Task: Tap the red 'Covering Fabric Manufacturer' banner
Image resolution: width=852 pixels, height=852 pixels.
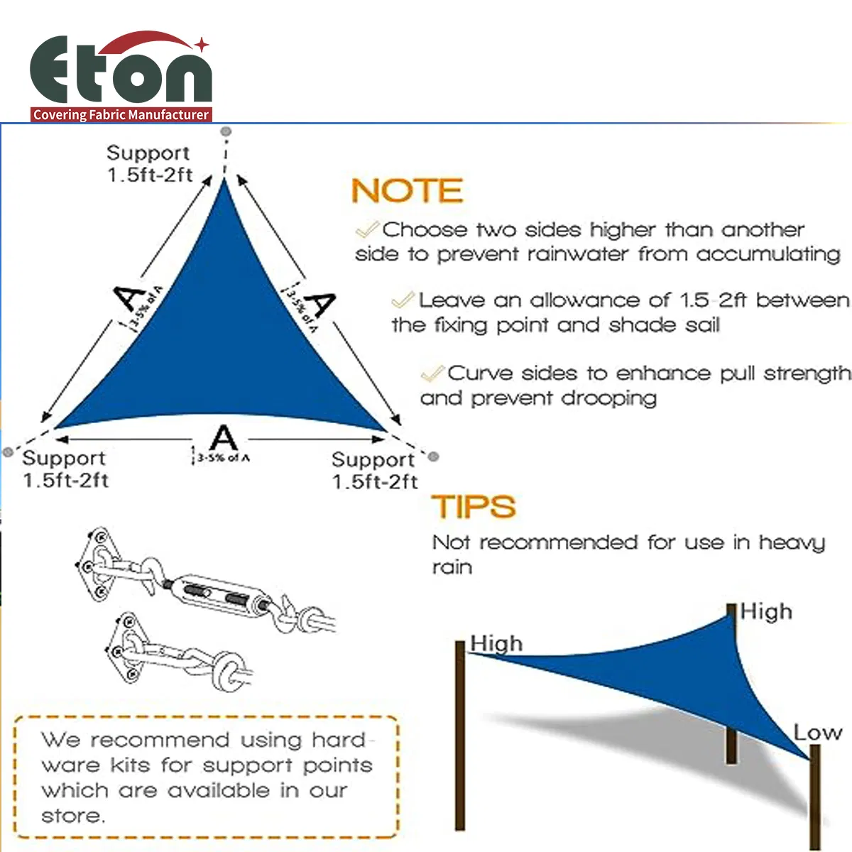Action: click(121, 114)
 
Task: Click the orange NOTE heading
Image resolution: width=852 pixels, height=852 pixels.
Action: click(407, 191)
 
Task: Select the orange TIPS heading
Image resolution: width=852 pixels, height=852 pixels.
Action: click(474, 507)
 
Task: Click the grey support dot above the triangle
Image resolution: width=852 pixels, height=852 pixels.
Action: click(226, 132)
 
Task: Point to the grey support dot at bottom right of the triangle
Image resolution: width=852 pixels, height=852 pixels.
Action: click(434, 457)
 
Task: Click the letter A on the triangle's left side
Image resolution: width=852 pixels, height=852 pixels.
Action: click(131, 298)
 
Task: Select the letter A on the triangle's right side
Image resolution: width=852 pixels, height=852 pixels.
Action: click(321, 304)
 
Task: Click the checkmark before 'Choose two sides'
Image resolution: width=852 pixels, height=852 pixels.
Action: click(367, 229)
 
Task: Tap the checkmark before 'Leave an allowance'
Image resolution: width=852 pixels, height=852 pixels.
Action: click(403, 300)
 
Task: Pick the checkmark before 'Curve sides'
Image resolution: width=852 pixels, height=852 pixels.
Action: click(432, 373)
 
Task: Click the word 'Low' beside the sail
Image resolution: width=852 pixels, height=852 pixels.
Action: click(817, 732)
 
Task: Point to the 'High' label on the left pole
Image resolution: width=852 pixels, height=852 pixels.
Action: click(496, 643)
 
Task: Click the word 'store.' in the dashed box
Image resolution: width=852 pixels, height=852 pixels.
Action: click(73, 816)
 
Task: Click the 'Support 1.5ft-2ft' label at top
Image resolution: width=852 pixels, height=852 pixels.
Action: click(149, 164)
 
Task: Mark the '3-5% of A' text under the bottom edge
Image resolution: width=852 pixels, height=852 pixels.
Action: click(223, 458)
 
